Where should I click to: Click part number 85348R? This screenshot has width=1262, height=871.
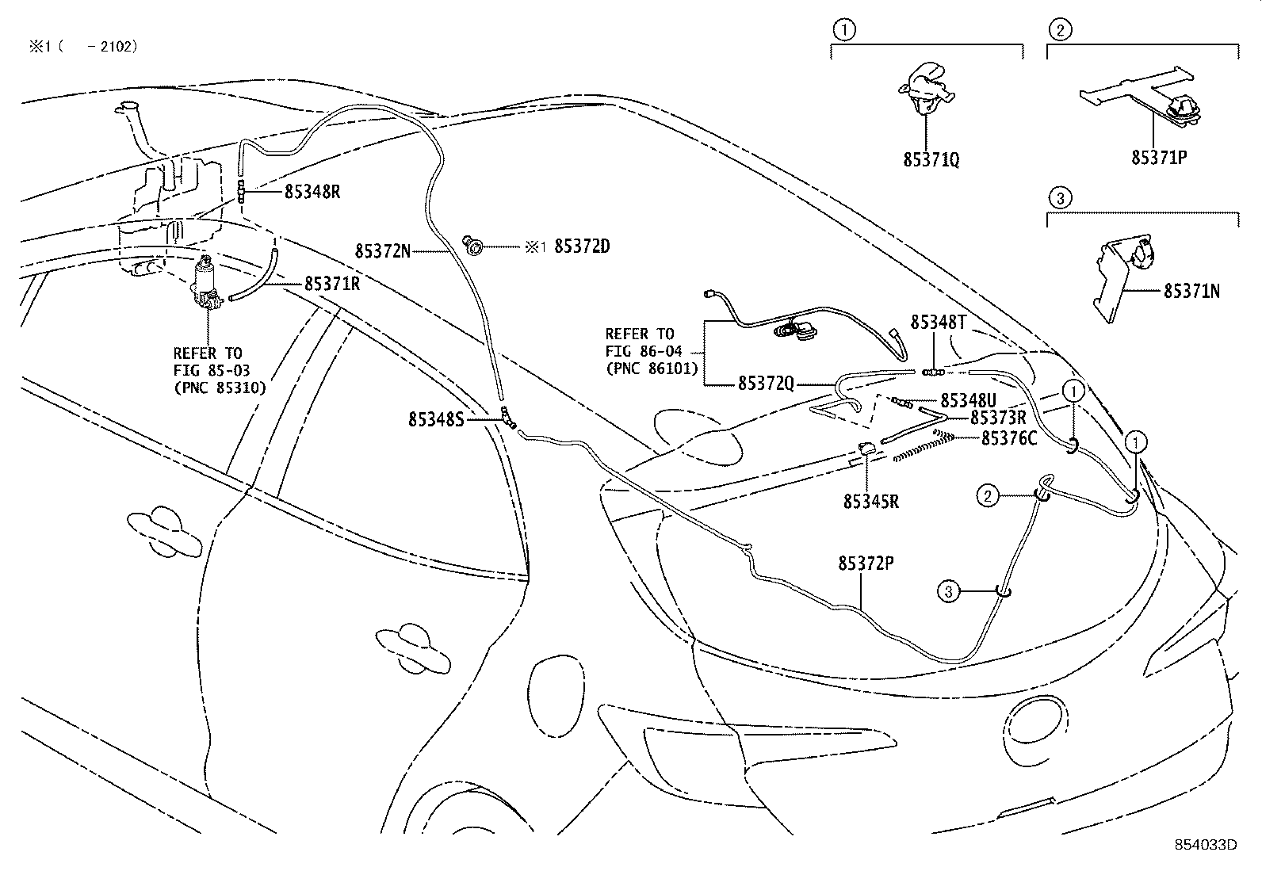click(312, 192)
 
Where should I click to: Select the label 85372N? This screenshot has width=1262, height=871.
click(382, 251)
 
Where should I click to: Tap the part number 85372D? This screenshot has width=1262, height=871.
click(581, 246)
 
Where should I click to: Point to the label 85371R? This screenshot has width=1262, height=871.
click(331, 284)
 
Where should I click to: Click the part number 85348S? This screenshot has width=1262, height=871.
click(435, 419)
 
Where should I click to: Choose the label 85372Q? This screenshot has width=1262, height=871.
click(765, 383)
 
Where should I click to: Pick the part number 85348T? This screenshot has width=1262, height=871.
click(938, 322)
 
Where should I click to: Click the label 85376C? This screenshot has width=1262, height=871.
click(1008, 437)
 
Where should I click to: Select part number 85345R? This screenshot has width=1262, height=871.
click(870, 502)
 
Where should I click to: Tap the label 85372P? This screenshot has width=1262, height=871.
click(866, 563)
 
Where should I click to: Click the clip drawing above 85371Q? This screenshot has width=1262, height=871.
click(924, 87)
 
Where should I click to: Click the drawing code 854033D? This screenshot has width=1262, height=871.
click(1206, 844)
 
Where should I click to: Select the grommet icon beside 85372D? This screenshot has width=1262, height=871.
click(473, 247)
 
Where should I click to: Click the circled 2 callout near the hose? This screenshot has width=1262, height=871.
click(987, 496)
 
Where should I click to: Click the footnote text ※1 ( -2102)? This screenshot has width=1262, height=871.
click(82, 47)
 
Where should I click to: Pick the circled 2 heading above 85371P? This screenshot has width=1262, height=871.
click(1061, 31)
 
